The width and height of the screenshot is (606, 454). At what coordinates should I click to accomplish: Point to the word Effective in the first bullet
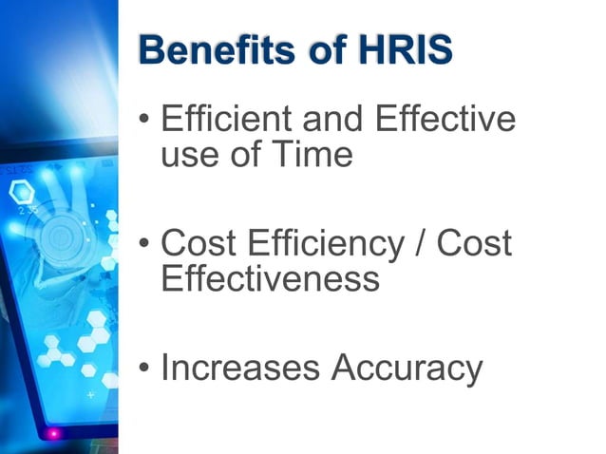pyautogui.click(x=445, y=120)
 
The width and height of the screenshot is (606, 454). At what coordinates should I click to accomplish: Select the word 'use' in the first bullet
pyautogui.click(x=190, y=154)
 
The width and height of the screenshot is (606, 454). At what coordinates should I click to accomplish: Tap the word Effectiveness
pyautogui.click(x=271, y=278)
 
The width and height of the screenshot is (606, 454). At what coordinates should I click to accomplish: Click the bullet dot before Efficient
pyautogui.click(x=142, y=122)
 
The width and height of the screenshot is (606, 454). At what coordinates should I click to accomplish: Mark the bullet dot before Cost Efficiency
pyautogui.click(x=142, y=246)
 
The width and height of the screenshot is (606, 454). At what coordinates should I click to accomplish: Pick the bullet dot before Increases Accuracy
pyautogui.click(x=142, y=369)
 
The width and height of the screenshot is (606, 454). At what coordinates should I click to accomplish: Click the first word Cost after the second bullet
pyautogui.click(x=200, y=244)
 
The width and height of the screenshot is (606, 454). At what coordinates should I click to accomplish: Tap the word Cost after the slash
pyautogui.click(x=474, y=244)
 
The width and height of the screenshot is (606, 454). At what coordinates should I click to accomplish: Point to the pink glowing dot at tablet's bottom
pyautogui.click(x=53, y=434)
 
